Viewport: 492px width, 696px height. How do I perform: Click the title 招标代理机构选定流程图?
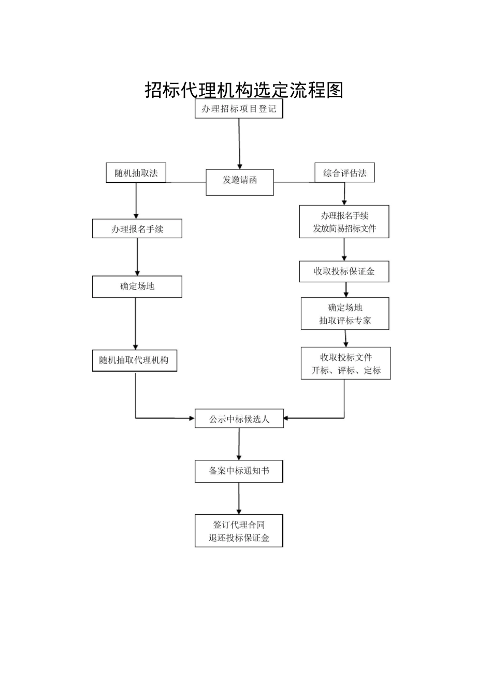[244, 90]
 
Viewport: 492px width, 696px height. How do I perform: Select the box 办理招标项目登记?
[239, 108]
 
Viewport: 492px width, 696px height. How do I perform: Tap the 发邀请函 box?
[240, 182]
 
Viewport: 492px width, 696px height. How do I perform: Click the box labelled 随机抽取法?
[136, 172]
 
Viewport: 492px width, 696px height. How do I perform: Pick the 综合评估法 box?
[344, 172]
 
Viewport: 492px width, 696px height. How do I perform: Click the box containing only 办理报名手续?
[137, 229]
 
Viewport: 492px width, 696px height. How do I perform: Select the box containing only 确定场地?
[137, 286]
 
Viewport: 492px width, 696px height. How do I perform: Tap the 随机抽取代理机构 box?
[135, 360]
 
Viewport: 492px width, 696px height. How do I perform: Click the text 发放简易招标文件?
[344, 228]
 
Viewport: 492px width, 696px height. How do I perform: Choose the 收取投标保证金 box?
[344, 271]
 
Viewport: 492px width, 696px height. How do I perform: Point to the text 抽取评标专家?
[345, 321]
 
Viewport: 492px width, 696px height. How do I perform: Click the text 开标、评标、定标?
[346, 370]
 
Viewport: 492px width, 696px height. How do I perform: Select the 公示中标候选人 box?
[239, 418]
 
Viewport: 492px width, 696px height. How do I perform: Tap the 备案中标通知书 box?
[239, 471]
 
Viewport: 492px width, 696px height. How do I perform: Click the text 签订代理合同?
[239, 525]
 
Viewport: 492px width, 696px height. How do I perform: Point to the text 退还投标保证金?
[239, 538]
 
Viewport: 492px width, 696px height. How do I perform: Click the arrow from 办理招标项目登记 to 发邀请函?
[239, 144]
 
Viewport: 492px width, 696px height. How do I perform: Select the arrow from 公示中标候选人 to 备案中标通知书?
[239, 444]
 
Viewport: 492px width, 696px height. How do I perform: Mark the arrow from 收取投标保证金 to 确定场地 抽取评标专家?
[346, 290]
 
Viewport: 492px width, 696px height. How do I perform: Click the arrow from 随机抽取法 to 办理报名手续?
[136, 201]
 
